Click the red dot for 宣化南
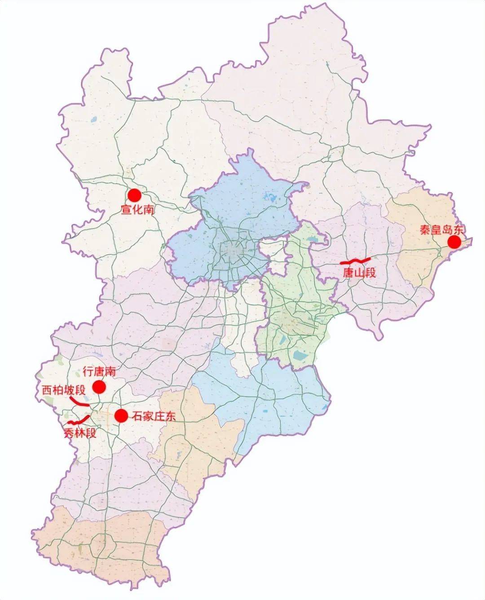[134, 195]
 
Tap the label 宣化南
[137, 209]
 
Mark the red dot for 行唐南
[99, 387]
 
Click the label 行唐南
[100, 372]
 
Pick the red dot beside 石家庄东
[121, 416]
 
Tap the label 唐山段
[359, 273]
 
